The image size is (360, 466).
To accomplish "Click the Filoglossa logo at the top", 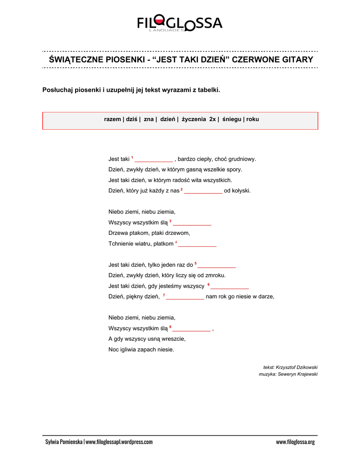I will pos(180,23).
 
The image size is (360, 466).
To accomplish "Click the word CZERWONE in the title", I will pos(254,60).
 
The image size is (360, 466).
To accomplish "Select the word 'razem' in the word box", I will pos(112,119).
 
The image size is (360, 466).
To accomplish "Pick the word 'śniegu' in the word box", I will pos(232,119).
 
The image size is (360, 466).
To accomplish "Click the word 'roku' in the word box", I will pos(253,119).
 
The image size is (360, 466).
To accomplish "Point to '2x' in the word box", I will pos(213,119).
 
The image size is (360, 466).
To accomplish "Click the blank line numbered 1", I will pos(154,160).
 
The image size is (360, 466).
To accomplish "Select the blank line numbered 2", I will pos(203,191).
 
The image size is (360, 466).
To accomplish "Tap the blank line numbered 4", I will pos(197,244).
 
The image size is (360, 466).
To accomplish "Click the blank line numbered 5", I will pos(217,265).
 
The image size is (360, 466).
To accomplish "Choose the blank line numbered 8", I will pos(192,329).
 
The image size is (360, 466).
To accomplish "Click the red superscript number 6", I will pos(208,284).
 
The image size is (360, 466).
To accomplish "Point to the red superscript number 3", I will pos(170,221).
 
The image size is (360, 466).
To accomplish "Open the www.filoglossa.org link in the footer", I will pos(295,442).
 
